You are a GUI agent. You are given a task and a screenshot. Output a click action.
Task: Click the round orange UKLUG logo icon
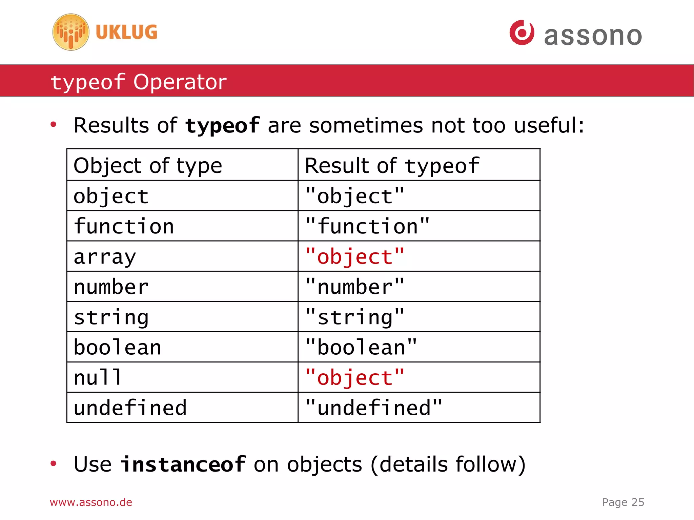click(x=71, y=32)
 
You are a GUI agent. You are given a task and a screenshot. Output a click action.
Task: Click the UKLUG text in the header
click(x=126, y=32)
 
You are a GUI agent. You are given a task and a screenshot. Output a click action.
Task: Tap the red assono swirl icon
click(x=522, y=33)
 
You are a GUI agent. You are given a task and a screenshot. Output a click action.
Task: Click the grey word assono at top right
click(x=593, y=36)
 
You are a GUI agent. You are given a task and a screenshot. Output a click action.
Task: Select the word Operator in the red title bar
click(x=180, y=82)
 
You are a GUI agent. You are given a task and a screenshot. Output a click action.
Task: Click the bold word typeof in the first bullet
click(x=222, y=126)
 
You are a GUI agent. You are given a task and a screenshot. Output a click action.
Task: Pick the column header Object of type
click(x=148, y=166)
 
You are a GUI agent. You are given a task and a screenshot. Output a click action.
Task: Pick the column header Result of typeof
click(x=392, y=166)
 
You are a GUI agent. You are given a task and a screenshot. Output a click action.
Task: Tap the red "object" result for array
click(x=354, y=257)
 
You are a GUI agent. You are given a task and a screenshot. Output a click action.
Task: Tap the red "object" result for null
click(x=354, y=378)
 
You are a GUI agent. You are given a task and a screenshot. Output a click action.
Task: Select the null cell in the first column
click(x=98, y=377)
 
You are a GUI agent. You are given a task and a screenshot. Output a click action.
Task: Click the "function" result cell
click(x=367, y=226)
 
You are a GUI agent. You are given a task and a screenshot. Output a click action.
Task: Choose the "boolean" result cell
click(x=361, y=348)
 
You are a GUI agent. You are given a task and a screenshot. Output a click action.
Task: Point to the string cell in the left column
click(x=111, y=317)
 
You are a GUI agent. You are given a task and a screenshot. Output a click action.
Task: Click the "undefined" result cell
click(x=373, y=408)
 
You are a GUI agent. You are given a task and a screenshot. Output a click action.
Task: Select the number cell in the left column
click(x=111, y=287)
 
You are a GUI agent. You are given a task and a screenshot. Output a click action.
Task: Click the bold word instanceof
click(x=183, y=464)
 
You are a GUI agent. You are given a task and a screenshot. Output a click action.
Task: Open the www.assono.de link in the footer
click(x=91, y=502)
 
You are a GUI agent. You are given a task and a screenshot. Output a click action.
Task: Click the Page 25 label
click(x=623, y=502)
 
